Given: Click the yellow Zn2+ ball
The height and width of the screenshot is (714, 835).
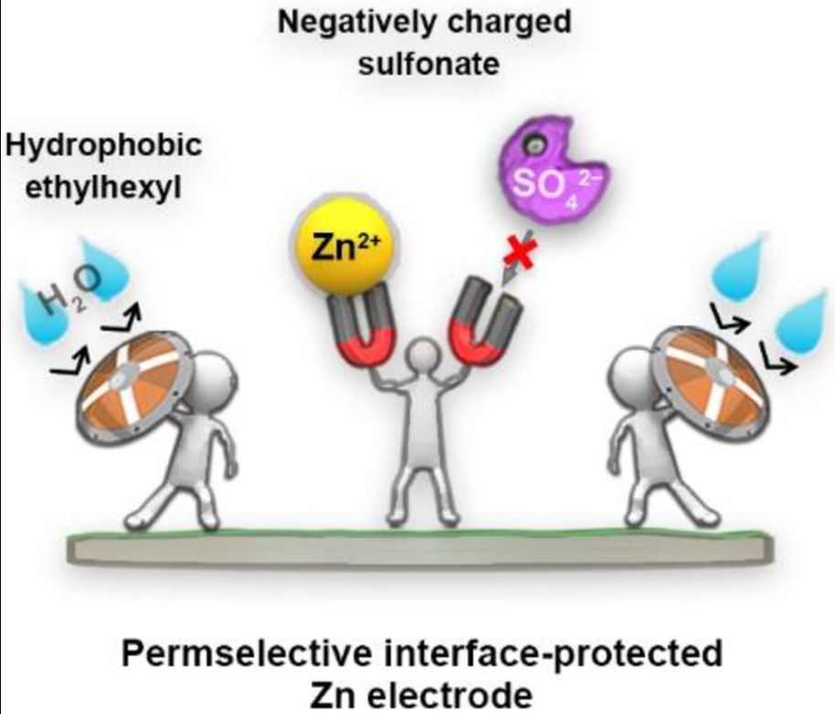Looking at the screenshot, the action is point(345,247).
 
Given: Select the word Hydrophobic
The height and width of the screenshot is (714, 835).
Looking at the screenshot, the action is point(104,145).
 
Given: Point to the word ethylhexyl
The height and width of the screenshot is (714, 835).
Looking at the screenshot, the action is point(104,187).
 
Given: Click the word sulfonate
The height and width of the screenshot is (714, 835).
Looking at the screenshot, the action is point(428,65).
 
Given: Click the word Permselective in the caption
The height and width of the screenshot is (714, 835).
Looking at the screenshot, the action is point(246,654).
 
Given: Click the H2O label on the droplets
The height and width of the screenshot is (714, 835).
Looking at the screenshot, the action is point(71,292).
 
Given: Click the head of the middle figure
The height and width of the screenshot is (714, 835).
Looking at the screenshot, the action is point(425,356).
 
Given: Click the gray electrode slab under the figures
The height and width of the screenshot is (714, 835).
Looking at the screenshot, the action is point(420,548).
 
